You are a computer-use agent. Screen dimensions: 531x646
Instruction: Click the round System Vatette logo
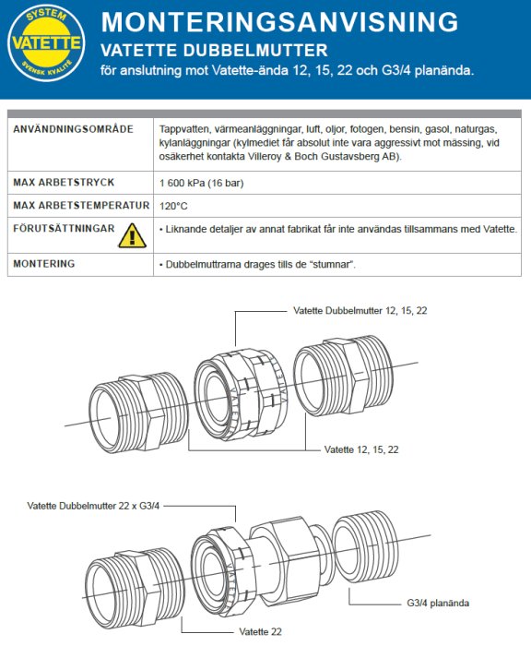(46, 43)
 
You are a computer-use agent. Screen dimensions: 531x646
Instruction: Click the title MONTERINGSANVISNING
(279, 21)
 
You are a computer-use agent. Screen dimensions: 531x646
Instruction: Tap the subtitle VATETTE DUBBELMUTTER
(214, 50)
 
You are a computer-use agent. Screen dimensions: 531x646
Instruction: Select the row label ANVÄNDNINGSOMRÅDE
(73, 129)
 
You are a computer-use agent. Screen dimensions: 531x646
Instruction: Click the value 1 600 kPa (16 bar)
(201, 183)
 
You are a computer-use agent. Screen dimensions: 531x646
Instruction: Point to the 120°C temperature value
(173, 206)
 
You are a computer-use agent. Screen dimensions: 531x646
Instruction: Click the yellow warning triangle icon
(132, 235)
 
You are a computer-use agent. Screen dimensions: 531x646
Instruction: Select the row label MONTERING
(44, 264)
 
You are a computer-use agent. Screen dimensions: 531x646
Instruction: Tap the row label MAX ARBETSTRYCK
(64, 182)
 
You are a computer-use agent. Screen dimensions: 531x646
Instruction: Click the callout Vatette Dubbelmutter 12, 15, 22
(360, 311)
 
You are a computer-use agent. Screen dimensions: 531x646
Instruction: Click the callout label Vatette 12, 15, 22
(361, 449)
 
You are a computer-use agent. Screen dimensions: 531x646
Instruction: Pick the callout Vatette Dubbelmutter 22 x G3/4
(93, 506)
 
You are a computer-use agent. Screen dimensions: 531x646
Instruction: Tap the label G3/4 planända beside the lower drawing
(438, 603)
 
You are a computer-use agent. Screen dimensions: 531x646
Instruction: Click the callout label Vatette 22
(260, 631)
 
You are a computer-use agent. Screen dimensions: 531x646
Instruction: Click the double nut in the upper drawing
(241, 392)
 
